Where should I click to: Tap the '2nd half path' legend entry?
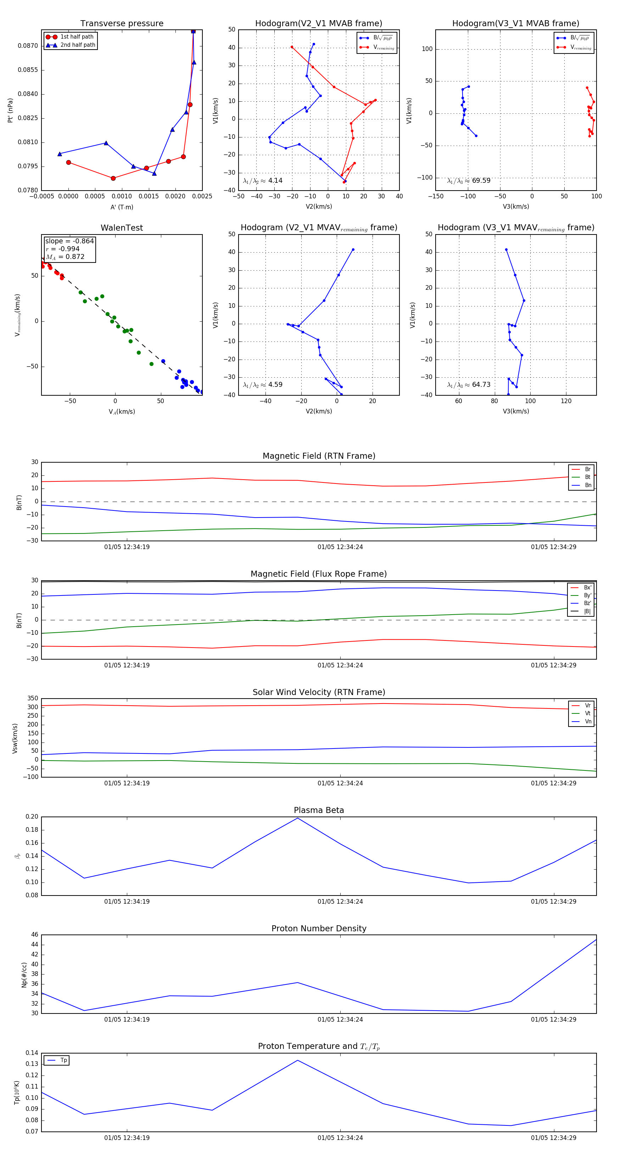click(x=78, y=45)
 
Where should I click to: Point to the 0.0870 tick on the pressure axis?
click(x=28, y=46)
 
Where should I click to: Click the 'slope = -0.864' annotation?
click(x=69, y=241)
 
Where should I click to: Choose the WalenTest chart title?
click(x=122, y=228)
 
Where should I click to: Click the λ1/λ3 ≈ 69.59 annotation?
click(x=469, y=181)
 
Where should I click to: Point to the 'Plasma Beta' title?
click(x=319, y=810)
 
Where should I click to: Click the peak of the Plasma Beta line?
click(x=297, y=818)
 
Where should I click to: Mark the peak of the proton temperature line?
click(x=297, y=1060)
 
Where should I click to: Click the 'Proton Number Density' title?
click(x=319, y=928)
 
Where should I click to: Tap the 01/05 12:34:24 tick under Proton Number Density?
click(x=340, y=1019)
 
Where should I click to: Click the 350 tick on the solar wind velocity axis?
click(x=33, y=699)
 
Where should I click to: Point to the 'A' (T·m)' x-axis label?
click(x=122, y=207)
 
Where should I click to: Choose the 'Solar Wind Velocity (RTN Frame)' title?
click(x=319, y=692)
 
